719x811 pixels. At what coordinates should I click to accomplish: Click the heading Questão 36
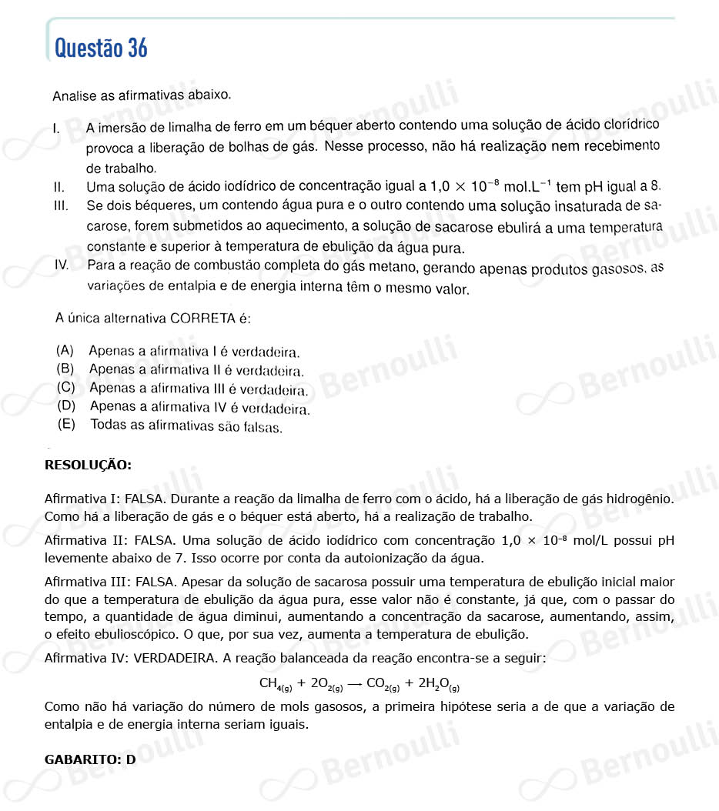point(101,48)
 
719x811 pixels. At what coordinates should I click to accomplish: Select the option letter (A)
point(65,350)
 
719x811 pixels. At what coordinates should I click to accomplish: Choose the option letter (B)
point(65,368)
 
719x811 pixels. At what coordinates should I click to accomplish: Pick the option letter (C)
point(65,386)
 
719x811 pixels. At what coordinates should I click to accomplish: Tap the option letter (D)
point(65,405)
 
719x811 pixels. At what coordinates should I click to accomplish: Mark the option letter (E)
point(65,423)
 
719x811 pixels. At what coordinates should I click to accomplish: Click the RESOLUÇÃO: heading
point(88,465)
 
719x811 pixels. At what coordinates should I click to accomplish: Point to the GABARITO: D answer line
point(90,759)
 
